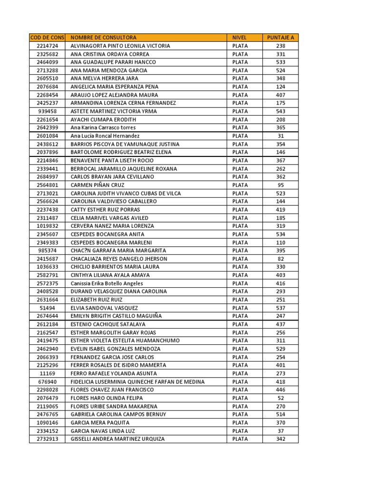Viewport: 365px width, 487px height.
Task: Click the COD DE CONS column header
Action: pyautogui.click(x=48, y=38)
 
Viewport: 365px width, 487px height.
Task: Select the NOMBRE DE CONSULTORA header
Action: pyautogui.click(x=103, y=38)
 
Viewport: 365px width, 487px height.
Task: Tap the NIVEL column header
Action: pyautogui.click(x=240, y=38)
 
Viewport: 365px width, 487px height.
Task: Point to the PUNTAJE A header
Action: pyautogui.click(x=280, y=38)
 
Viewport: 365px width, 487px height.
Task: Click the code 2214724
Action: pyautogui.click(x=48, y=46)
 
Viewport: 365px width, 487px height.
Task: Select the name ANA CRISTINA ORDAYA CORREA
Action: pyautogui.click(x=109, y=54)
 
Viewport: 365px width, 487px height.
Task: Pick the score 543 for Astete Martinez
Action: pyautogui.click(x=280, y=111)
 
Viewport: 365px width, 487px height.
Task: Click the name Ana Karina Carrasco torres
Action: pyautogui.click(x=103, y=127)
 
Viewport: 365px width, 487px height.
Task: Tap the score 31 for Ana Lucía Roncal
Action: pyautogui.click(x=280, y=136)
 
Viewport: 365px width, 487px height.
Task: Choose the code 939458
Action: pyautogui.click(x=48, y=111)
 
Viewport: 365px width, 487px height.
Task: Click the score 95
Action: pyautogui.click(x=280, y=185)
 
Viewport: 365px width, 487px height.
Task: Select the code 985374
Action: pyautogui.click(x=48, y=251)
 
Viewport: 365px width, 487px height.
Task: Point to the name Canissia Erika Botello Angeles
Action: pyautogui.click(x=106, y=283)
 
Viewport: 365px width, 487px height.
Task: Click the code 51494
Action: pyautogui.click(x=48, y=308)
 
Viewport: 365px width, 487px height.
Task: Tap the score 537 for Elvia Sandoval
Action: pyautogui.click(x=280, y=308)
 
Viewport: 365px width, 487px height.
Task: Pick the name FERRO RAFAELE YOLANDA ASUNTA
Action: pyautogui.click(x=113, y=373)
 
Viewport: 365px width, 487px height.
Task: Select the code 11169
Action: pyautogui.click(x=48, y=373)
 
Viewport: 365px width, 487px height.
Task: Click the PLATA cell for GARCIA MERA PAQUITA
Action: pyautogui.click(x=240, y=423)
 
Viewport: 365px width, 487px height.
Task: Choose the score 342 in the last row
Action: pyautogui.click(x=280, y=439)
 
